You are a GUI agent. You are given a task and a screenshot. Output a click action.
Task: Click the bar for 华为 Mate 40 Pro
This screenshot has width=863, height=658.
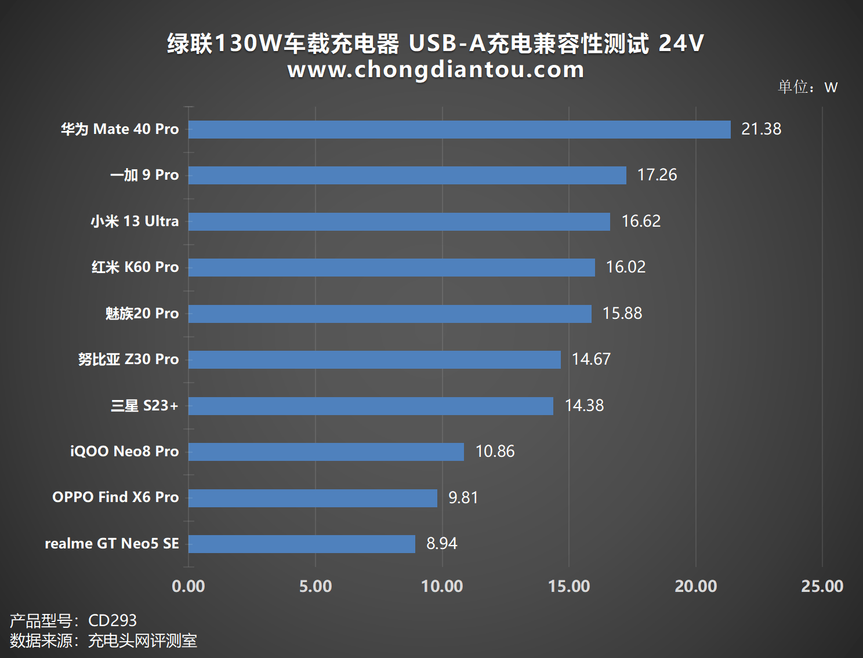(x=459, y=129)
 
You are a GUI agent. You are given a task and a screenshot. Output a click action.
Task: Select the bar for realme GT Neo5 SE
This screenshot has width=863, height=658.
(x=302, y=544)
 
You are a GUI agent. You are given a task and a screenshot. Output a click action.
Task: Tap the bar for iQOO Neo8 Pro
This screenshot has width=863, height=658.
(x=326, y=452)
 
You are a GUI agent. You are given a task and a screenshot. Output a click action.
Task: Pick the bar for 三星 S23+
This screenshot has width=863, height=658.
(x=371, y=406)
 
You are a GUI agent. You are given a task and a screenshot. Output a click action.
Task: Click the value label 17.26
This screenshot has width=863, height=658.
(x=657, y=175)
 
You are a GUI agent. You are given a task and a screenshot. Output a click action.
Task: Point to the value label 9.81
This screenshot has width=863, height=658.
(x=463, y=498)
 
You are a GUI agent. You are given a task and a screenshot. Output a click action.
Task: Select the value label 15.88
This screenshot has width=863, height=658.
(x=622, y=314)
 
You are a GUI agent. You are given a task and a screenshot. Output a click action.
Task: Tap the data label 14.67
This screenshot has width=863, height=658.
(x=591, y=359)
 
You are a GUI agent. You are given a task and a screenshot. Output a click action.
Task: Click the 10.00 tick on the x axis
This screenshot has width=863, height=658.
(x=442, y=586)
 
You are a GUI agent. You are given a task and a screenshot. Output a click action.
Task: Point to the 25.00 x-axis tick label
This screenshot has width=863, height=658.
(x=822, y=586)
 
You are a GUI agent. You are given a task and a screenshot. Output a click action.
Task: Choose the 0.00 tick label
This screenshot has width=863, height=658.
(x=188, y=586)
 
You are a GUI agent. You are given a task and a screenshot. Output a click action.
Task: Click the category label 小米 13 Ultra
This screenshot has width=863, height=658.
(x=135, y=221)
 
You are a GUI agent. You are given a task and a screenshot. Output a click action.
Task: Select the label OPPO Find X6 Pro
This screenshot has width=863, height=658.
(x=115, y=497)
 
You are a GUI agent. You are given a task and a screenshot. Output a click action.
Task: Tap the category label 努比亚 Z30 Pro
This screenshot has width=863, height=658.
(x=128, y=359)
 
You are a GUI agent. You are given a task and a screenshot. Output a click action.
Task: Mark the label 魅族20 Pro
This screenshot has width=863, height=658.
(x=142, y=314)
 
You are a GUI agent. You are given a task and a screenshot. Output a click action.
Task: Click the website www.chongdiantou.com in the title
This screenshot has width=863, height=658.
(x=436, y=70)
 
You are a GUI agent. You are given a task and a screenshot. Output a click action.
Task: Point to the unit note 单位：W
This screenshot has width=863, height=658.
(x=807, y=87)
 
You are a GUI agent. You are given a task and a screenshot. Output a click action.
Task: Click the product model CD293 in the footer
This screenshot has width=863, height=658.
(x=113, y=620)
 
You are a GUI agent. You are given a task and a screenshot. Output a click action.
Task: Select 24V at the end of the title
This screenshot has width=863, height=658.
(x=681, y=43)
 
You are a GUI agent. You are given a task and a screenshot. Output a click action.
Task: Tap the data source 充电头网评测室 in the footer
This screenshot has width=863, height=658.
(x=143, y=641)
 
